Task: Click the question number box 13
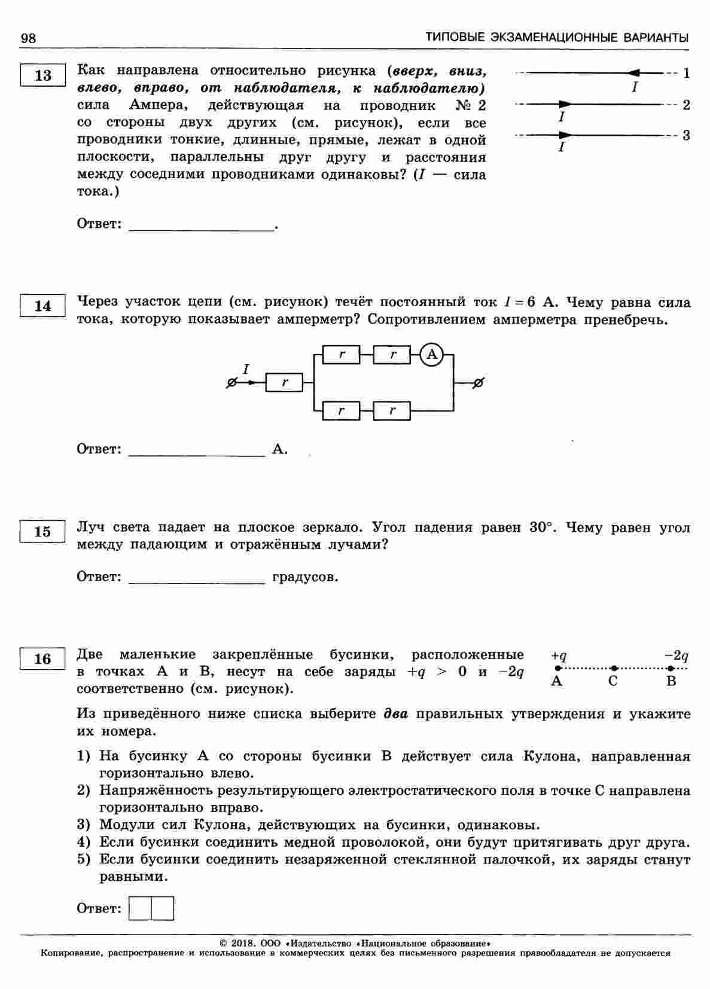43,75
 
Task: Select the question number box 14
43,306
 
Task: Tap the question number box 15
43,531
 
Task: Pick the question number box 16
43,659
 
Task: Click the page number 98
28,38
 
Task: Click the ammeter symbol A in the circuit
432,355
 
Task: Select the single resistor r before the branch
284,383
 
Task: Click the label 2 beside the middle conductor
686,105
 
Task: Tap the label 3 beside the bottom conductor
686,135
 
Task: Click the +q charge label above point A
559,655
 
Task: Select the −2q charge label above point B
677,655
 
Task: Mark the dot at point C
614,668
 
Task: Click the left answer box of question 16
141,908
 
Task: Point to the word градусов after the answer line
305,577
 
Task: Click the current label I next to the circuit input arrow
246,369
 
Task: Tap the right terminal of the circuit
478,383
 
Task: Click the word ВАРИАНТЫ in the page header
656,38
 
